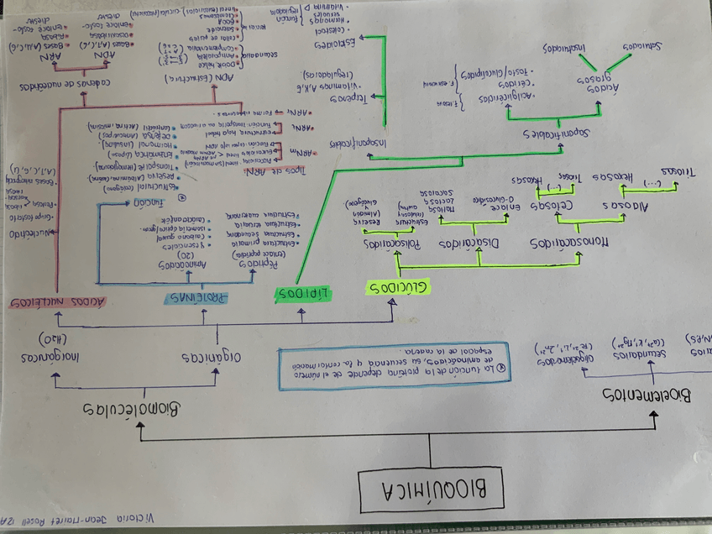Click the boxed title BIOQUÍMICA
point(432,489)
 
